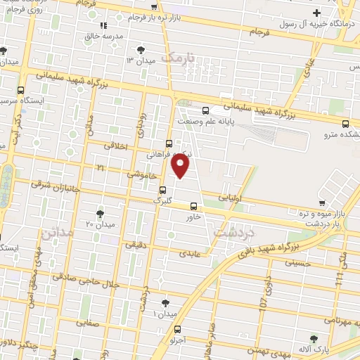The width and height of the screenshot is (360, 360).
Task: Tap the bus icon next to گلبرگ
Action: point(163,189)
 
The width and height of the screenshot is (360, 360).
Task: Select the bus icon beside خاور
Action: point(194,205)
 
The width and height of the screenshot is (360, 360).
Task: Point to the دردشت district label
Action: point(236,231)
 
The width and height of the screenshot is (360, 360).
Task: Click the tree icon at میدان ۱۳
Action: point(142,49)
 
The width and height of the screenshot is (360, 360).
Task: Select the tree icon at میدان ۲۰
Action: point(100,212)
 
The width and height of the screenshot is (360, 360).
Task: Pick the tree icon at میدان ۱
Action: point(165,303)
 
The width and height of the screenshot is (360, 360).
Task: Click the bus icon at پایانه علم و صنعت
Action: point(205,110)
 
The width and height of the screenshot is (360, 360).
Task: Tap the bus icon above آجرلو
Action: point(177,329)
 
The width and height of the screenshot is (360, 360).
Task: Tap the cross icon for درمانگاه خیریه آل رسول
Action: point(318,12)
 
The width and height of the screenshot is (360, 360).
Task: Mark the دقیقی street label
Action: point(135,245)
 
